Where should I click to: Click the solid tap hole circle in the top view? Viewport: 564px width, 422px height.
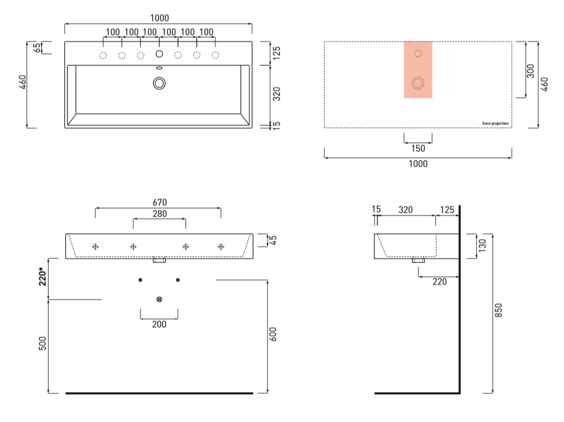[x=159, y=54]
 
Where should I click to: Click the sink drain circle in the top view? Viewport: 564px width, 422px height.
[x=159, y=83]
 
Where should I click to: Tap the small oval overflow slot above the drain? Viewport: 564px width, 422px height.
[x=159, y=68]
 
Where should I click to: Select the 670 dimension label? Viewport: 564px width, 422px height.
[x=160, y=202]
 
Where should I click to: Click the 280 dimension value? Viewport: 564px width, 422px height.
[x=160, y=214]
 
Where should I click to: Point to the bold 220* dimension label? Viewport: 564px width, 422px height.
[x=43, y=276]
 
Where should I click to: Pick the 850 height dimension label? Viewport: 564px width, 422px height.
[x=498, y=310]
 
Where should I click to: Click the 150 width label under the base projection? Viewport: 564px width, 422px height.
[x=418, y=149]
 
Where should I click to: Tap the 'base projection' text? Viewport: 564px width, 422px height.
[x=495, y=124]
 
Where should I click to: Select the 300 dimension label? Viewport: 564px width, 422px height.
[x=530, y=71]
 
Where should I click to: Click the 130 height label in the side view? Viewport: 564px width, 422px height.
[x=482, y=245]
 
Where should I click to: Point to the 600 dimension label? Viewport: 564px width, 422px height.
[x=273, y=334]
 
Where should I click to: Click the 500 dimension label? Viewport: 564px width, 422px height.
[x=42, y=343]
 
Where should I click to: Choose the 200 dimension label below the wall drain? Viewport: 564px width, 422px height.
[x=159, y=324]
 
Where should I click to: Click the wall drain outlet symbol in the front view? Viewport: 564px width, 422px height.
[x=159, y=299]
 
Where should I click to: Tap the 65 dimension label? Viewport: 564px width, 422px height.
[x=37, y=48]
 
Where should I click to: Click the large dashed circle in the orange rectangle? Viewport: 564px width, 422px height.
[x=418, y=83]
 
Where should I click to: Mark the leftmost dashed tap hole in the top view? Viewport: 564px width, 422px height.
[x=103, y=55]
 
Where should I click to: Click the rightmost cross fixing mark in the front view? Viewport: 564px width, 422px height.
[x=221, y=246]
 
